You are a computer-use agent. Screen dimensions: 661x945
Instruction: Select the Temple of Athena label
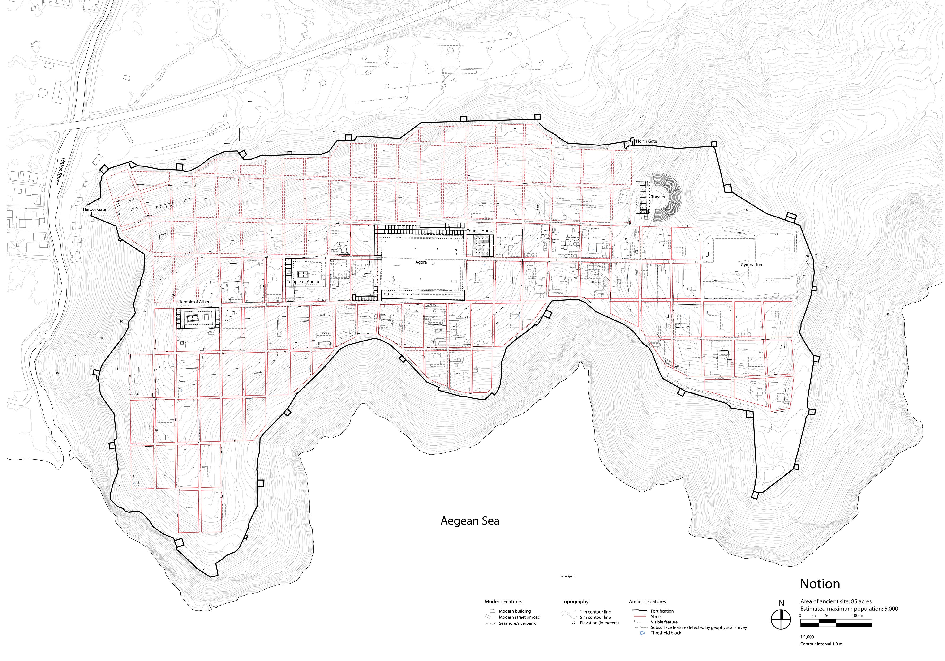click(x=196, y=302)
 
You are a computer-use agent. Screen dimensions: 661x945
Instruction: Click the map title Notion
click(x=820, y=584)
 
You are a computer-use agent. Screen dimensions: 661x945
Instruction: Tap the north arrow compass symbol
click(x=781, y=619)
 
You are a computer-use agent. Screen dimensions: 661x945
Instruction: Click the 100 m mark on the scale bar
click(x=857, y=616)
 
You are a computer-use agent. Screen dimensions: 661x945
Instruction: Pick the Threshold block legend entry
click(x=666, y=633)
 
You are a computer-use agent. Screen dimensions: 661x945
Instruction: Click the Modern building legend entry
click(x=515, y=611)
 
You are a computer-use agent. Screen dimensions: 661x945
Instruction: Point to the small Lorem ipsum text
click(x=567, y=576)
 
